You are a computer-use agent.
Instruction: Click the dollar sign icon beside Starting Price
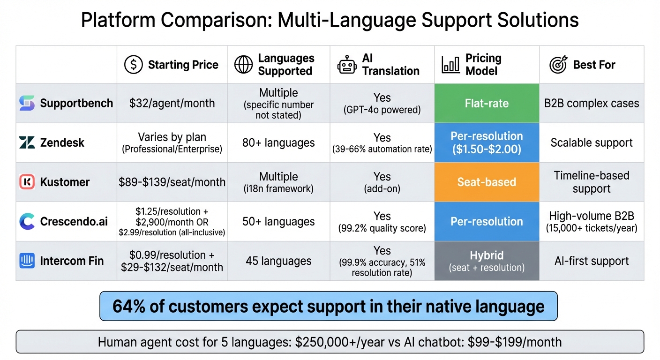(x=134, y=65)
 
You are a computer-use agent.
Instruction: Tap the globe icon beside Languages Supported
(x=243, y=65)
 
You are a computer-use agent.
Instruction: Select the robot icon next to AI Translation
(x=347, y=65)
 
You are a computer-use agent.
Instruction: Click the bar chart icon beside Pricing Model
(x=450, y=65)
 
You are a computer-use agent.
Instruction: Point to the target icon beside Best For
(x=558, y=65)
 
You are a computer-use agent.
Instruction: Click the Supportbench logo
(x=27, y=103)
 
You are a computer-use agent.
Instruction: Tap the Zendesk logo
(x=27, y=142)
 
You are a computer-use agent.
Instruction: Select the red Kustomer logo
(x=27, y=182)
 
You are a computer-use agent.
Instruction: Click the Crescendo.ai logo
(x=27, y=221)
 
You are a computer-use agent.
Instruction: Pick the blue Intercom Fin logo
(x=27, y=261)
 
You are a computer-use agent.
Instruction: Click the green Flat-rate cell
(x=487, y=103)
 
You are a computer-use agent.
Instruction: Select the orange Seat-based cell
(x=487, y=182)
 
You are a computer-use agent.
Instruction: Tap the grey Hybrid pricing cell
(x=487, y=261)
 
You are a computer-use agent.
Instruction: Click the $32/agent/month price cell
(x=172, y=103)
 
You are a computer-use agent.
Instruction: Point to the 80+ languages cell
(x=278, y=142)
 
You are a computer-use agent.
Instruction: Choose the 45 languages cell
(x=278, y=261)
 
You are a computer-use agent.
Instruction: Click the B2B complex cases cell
(x=592, y=103)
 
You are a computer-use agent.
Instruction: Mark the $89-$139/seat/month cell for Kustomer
(x=172, y=182)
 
